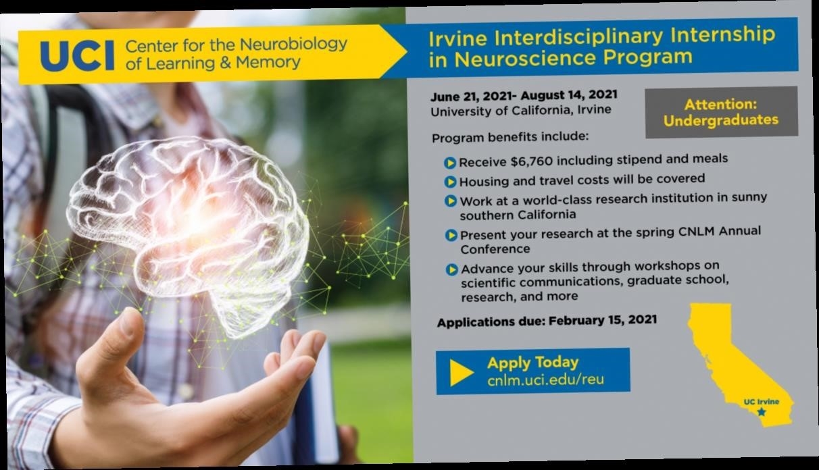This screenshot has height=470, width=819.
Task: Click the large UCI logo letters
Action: pyautogui.click(x=77, y=55)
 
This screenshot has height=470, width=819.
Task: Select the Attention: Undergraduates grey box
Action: pyautogui.click(x=721, y=112)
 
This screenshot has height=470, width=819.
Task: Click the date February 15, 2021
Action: pyautogui.click(x=603, y=320)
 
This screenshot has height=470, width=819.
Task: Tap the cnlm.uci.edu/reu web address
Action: pyautogui.click(x=545, y=380)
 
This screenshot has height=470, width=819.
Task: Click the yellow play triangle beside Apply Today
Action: pyautogui.click(x=460, y=372)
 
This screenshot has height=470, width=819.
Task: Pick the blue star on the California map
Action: pyautogui.click(x=762, y=412)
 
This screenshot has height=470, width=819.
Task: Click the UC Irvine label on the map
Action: pyautogui.click(x=762, y=402)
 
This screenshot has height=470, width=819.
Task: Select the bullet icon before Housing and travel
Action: pyautogui.click(x=450, y=182)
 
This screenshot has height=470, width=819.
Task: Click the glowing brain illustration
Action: pyautogui.click(x=189, y=234)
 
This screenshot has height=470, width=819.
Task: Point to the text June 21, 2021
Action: pyautogui.click(x=471, y=97)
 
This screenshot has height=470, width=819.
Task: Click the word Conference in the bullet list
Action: pyautogui.click(x=495, y=249)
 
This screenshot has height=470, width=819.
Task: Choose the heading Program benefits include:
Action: pyautogui.click(x=510, y=137)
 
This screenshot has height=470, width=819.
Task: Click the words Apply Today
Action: pyautogui.click(x=532, y=363)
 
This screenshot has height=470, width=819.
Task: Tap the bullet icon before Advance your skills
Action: pyautogui.click(x=451, y=269)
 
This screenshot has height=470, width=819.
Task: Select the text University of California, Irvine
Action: pyautogui.click(x=521, y=111)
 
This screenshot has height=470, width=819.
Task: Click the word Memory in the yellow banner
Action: pyautogui.click(x=268, y=63)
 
